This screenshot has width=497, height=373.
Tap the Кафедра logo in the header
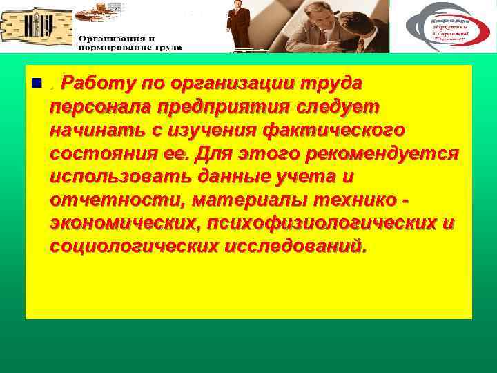(447, 26)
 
